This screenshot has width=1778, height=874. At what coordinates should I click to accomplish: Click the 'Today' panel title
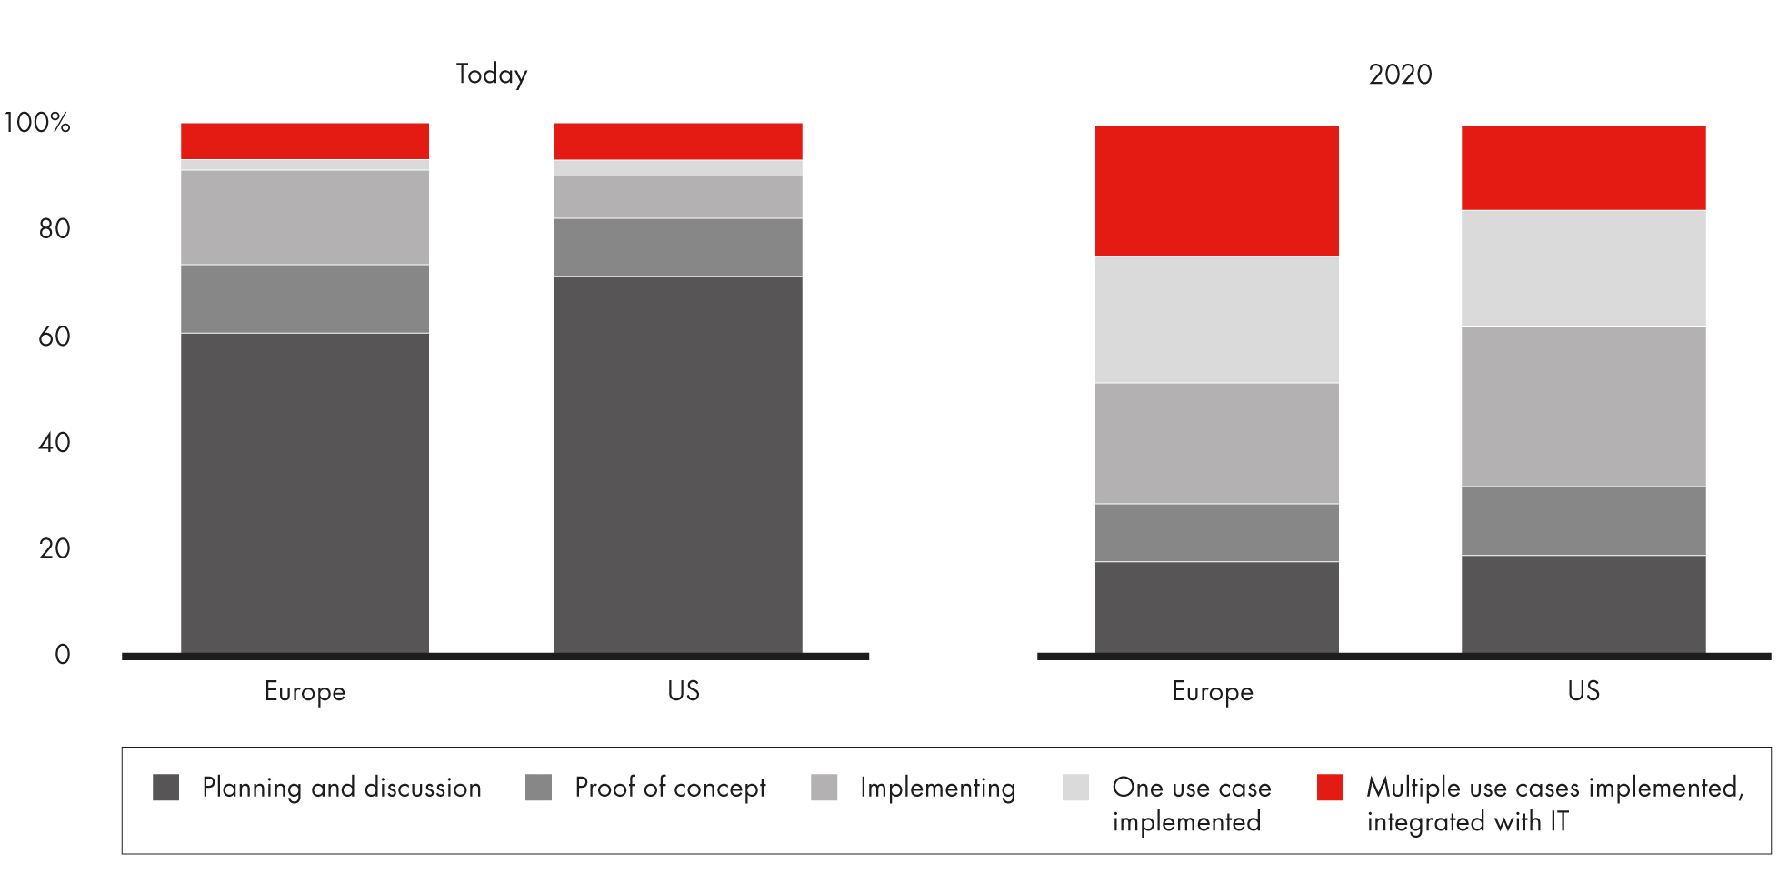[x=491, y=74]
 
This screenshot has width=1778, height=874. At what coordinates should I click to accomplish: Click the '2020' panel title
[x=1400, y=74]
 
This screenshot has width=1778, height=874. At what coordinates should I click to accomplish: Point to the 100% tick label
[x=37, y=122]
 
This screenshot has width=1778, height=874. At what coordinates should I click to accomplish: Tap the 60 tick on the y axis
[x=55, y=337]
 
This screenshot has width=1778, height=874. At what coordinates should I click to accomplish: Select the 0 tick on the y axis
[x=62, y=654]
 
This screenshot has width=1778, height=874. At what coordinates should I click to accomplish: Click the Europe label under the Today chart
[x=305, y=691]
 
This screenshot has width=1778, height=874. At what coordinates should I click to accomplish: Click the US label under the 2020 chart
[x=1583, y=691]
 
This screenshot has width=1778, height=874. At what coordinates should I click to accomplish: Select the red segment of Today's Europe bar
[x=305, y=141]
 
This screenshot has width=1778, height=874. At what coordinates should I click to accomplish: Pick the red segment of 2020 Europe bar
[x=1216, y=190]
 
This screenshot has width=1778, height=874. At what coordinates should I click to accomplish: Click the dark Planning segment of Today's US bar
[x=678, y=464]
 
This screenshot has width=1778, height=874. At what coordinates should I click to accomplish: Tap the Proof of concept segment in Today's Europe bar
[x=305, y=298]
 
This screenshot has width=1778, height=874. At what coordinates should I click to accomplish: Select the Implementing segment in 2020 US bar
[x=1583, y=407]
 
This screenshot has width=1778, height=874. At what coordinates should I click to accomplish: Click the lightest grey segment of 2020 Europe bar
[x=1216, y=319]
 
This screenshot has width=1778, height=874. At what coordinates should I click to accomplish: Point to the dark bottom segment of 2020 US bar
[x=1583, y=604]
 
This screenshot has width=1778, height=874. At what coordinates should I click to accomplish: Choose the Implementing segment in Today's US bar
[x=678, y=196]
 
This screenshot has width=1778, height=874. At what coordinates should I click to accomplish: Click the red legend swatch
[x=1330, y=787]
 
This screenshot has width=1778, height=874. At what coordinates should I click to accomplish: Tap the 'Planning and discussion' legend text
[x=342, y=787]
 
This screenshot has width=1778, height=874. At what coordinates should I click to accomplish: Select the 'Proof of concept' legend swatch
[x=539, y=787]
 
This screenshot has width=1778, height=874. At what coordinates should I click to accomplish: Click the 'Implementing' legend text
[x=937, y=787]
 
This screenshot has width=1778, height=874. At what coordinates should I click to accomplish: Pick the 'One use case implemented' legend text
[x=1191, y=804]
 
